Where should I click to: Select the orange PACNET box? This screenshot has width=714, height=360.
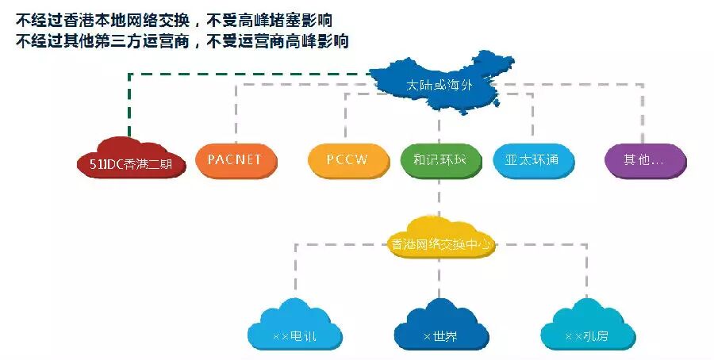coord(235,159)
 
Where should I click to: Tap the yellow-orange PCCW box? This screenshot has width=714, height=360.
coord(347,159)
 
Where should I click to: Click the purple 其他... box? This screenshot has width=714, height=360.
coord(644,159)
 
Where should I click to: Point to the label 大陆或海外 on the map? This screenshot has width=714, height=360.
coord(439,85)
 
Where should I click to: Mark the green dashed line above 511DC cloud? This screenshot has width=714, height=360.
coord(129,103)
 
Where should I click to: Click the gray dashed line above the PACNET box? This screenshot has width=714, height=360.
coord(235,111)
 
